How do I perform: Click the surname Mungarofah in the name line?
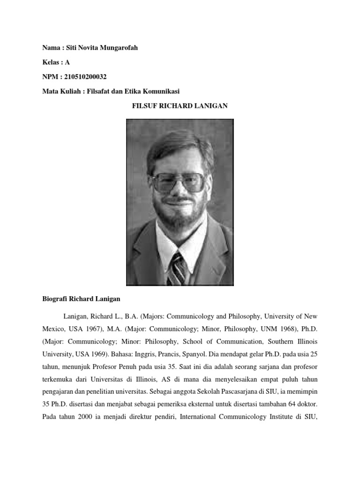coord(118,48)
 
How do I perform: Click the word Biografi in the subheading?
coord(52,299)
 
